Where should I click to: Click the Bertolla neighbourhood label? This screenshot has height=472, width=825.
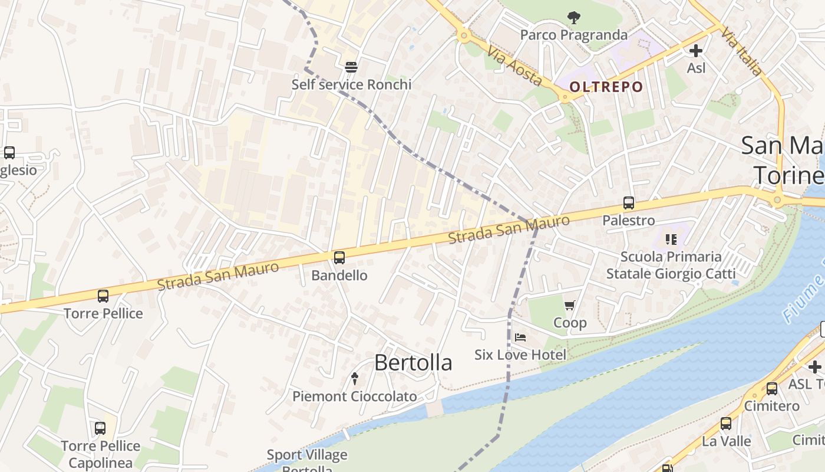[413, 363]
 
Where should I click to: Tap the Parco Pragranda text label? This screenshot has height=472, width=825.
[573, 35]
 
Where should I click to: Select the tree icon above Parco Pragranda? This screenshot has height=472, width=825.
[573, 18]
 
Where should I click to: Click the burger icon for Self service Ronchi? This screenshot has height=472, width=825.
[351, 67]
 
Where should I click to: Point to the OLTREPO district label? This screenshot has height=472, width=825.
[606, 87]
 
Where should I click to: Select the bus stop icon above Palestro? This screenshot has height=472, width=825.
[629, 204]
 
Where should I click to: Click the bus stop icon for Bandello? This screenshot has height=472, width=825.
[339, 258]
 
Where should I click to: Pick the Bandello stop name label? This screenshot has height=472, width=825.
[339, 276]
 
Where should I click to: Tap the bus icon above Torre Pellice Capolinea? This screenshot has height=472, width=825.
[100, 428]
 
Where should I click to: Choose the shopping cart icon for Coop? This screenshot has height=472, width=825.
[569, 306]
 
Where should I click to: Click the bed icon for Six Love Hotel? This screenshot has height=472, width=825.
[520, 337]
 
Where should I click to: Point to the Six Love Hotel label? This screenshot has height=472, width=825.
[520, 355]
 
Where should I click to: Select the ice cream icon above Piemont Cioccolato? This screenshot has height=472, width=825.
[355, 378]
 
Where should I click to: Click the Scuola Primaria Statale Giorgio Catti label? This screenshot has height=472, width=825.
[671, 265]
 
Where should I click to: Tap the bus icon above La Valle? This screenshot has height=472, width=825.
[726, 424]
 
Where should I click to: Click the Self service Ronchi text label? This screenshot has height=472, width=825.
[351, 84]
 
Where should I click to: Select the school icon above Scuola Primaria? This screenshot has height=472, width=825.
[671, 240]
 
